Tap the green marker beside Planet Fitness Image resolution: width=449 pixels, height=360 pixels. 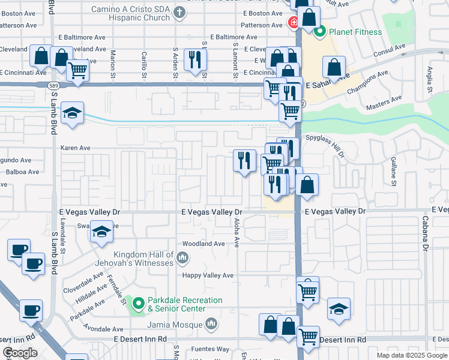pos(320,32)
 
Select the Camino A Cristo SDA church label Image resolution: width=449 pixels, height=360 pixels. pos(131,13)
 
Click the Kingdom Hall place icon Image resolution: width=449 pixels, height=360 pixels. pos(183,259)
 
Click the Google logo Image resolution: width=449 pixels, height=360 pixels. pos(20,353)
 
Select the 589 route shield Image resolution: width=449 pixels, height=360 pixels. pos(53,86)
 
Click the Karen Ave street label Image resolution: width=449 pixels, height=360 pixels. pos(75,148)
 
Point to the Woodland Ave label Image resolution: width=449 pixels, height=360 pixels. pos(203,244)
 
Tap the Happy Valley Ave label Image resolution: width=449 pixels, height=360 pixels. pos(208,275)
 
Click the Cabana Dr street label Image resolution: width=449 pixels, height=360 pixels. pos(424,233)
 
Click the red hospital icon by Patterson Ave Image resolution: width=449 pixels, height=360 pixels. pos(293,24)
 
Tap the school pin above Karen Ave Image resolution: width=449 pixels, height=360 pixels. pos(71,113)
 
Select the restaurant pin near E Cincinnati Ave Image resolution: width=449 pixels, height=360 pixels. pos(194,59)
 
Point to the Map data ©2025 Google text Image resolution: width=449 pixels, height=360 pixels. pos(411,355)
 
